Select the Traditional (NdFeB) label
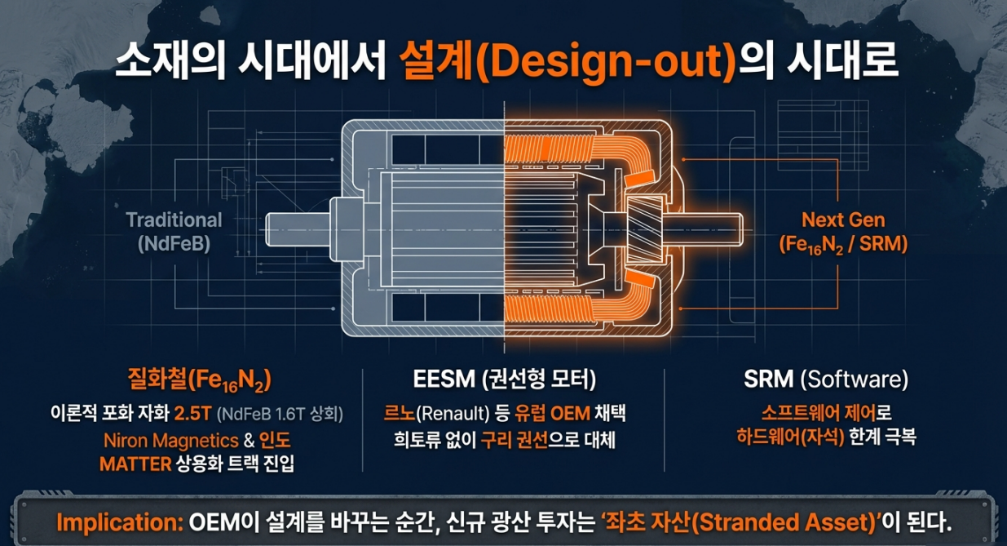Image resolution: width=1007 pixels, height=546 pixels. tap(174, 231)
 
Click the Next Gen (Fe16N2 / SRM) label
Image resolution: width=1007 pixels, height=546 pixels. tap(843, 231)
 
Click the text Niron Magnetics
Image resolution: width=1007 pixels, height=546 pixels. tap(170, 441)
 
